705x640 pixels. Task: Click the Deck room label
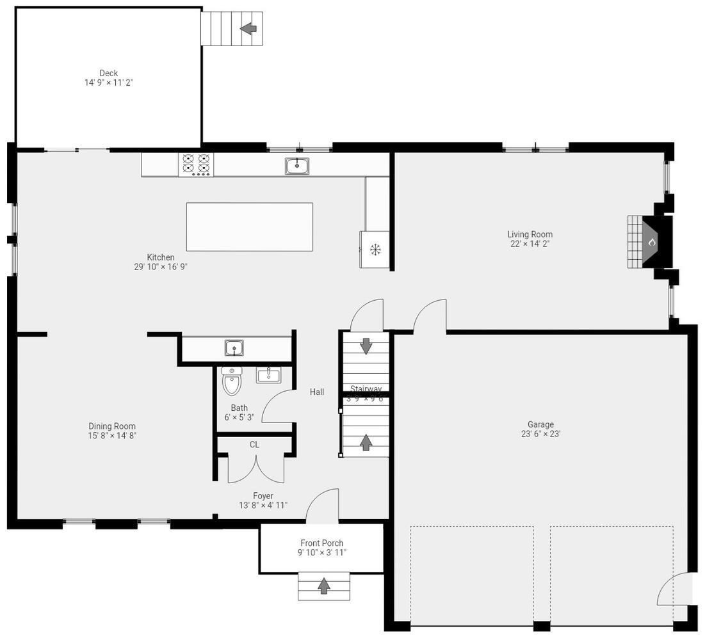pos(108,73)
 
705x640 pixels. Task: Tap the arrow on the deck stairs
pos(248,28)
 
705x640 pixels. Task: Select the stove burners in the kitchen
pos(196,164)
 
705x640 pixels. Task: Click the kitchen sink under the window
pos(297,166)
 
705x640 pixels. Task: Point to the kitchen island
pos(249,227)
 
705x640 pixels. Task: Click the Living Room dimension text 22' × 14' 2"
pos(530,244)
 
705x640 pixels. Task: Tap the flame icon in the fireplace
pos(652,243)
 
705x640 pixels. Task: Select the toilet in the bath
pos(231,382)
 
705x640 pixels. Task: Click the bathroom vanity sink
pos(268,374)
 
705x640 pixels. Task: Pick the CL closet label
pos(254,444)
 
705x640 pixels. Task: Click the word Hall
pos(317,392)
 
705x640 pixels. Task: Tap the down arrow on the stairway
pos(366,346)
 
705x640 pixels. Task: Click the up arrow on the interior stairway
pos(366,442)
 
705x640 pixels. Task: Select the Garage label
pos(540,424)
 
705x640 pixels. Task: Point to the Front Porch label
pos(321,543)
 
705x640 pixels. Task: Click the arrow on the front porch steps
pos(324,586)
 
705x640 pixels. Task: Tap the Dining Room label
pos(112,426)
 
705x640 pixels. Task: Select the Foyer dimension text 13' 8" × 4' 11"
pos(263,505)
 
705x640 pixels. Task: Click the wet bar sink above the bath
pos(235,348)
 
